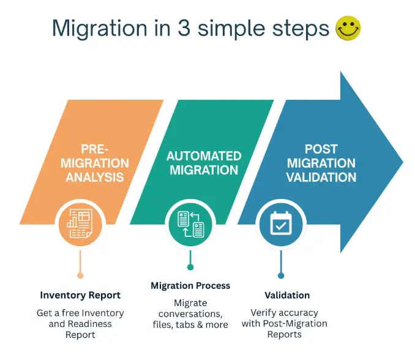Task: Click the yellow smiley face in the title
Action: pos(348,28)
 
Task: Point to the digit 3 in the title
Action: pos(184,28)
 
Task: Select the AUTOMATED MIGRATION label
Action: pos(204,163)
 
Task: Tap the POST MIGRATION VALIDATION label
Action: pos(322,163)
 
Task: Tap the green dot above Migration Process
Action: pos(190,267)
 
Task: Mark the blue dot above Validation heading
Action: pos(280,276)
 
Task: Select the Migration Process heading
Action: pos(190,286)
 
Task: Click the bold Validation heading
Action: pos(286,295)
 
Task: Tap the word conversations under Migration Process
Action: pos(190,313)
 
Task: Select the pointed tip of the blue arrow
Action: pos(402,162)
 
